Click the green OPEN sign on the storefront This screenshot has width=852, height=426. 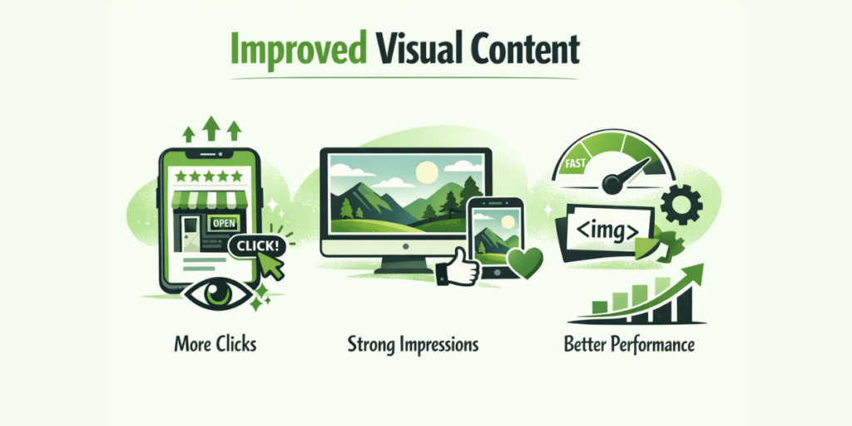pos(223,223)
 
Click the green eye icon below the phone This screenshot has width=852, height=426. pos(218,295)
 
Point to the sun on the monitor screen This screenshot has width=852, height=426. pos(427,173)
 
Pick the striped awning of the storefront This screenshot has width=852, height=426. pos(209,199)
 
